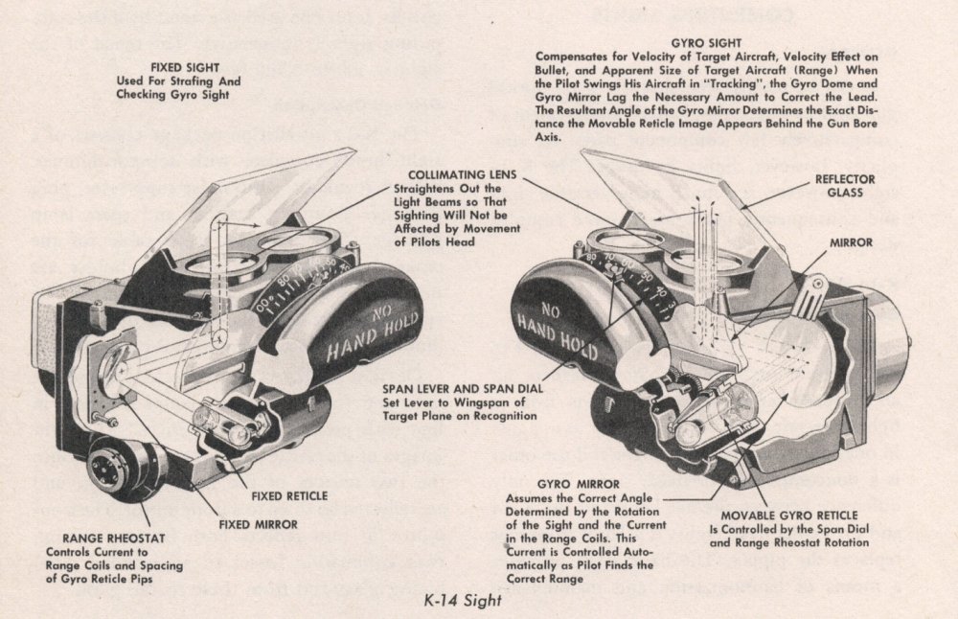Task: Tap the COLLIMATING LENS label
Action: (463, 175)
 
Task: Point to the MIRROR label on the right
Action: (851, 243)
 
